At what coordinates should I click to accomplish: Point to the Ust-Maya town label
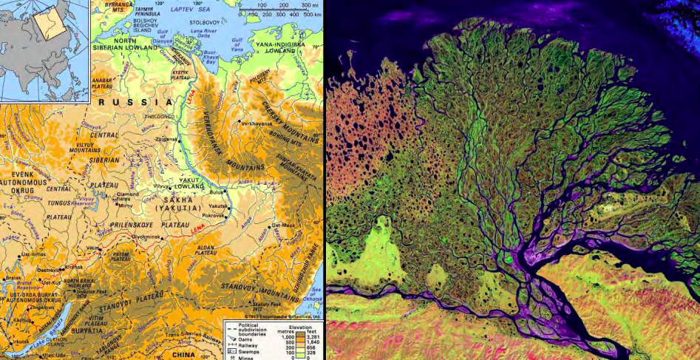tap(282, 224)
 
